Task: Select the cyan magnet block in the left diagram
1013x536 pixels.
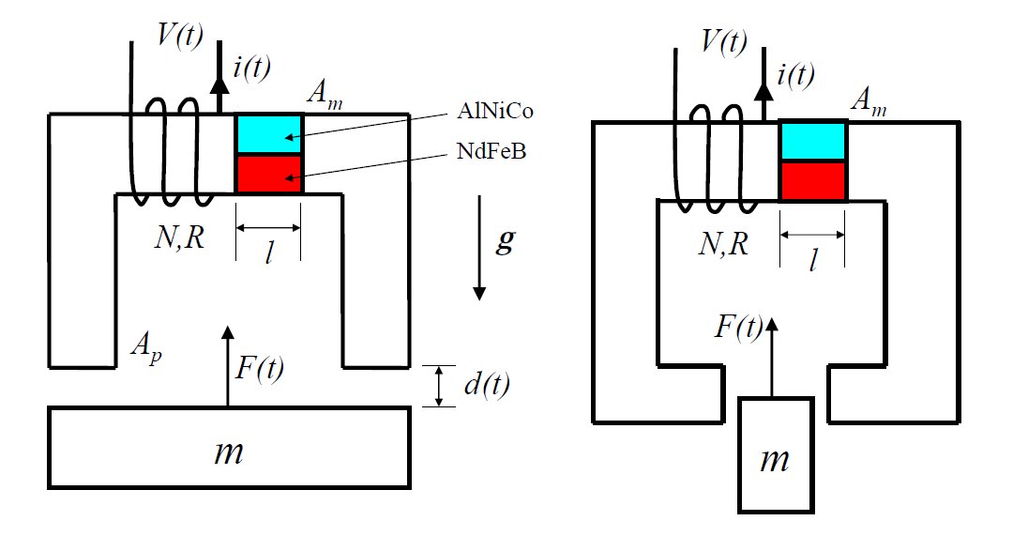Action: tap(268, 134)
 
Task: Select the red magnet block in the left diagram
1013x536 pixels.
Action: tap(268, 175)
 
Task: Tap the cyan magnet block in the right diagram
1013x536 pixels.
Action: tap(813, 141)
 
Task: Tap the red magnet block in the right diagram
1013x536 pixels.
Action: tap(813, 180)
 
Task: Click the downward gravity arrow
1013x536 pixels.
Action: tap(479, 249)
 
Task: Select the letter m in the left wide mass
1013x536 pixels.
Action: tap(229, 452)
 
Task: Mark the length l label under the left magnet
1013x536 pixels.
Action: tap(270, 254)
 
